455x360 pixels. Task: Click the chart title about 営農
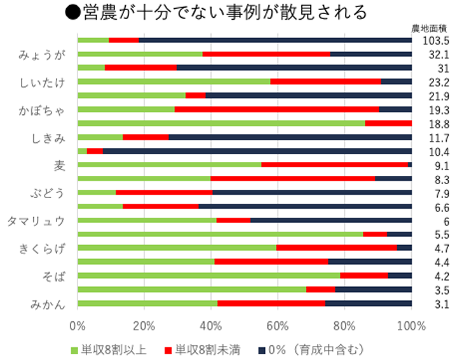(216, 12)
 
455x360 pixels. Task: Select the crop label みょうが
(42, 54)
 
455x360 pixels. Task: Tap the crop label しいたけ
(42, 81)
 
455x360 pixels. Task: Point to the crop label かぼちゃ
(43, 109)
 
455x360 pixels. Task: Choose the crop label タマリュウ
(36, 220)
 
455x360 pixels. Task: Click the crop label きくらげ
(42, 248)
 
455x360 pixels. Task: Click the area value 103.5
(436, 40)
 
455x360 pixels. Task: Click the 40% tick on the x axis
(211, 326)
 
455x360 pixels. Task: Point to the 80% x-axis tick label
(344, 326)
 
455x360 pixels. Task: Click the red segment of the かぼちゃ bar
(276, 109)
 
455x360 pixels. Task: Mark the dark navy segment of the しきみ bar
(290, 137)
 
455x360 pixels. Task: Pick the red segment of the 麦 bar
(334, 165)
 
